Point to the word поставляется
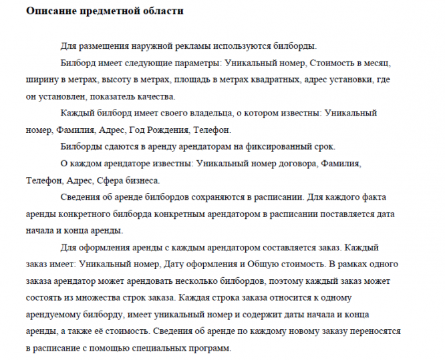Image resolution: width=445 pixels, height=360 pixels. click(325, 214)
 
